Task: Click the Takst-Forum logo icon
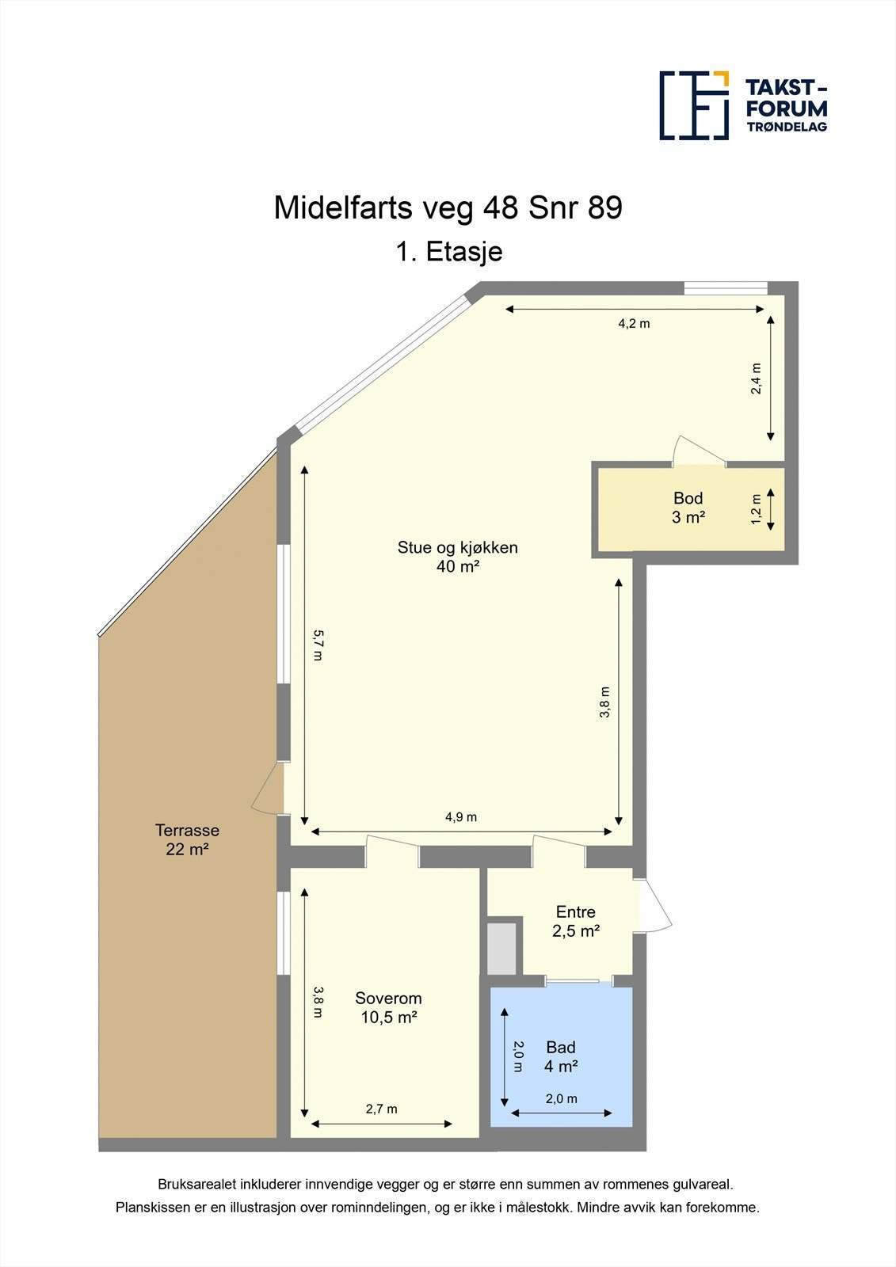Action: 694,105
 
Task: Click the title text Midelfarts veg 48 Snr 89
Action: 448,207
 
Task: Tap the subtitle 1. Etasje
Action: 448,252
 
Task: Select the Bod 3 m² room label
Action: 688,508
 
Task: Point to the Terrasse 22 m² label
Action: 187,839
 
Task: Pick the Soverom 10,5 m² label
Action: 388,1007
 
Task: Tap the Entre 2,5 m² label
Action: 575,921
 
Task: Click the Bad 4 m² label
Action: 560,1056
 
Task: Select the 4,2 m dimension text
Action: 634,323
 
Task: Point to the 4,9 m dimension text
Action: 460,817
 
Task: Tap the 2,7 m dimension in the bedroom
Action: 381,1109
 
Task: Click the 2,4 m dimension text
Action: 757,379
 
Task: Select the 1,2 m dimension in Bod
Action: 757,508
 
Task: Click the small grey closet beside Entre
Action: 501,947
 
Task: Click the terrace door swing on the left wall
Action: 268,788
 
